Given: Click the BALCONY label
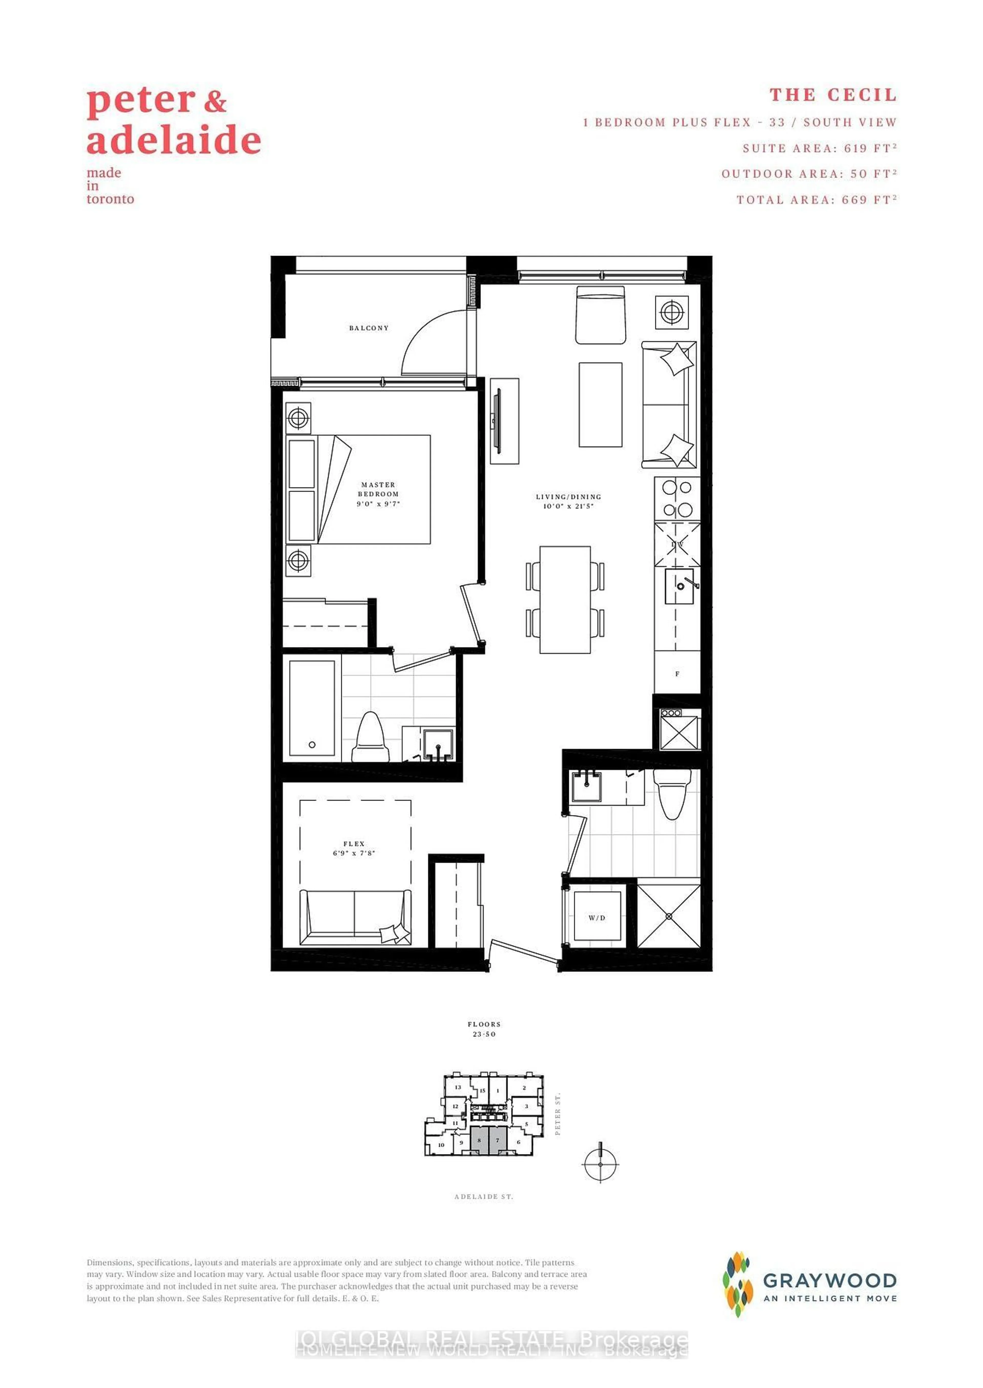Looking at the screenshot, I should click(x=369, y=328).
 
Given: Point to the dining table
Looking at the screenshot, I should click(x=565, y=599).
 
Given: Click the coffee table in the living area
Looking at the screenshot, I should click(x=600, y=404).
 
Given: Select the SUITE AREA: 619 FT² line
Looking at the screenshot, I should click(x=820, y=148).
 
